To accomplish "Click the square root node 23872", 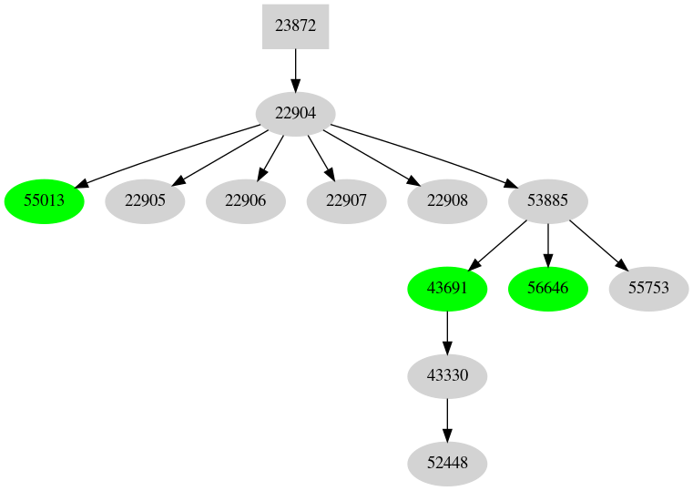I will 295,26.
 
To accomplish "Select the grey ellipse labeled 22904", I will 295,114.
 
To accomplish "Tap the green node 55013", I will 45,201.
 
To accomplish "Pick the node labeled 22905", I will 145,201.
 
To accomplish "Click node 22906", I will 246,201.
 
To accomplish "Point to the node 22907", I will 346,201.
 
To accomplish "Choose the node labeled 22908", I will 446,201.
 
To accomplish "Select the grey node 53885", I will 547,201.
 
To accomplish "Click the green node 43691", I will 446,289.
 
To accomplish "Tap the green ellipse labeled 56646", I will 547,289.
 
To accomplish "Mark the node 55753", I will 648,289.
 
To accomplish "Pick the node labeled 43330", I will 446,376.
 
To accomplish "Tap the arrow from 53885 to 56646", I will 547,245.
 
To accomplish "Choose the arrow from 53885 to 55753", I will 597,245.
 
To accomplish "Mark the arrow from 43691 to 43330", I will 446,332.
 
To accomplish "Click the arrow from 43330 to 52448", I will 446,420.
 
